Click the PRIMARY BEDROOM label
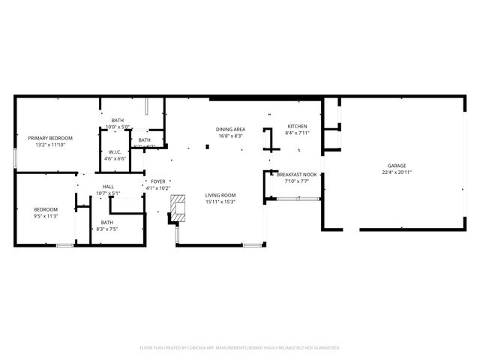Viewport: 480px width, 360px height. (x=50, y=138)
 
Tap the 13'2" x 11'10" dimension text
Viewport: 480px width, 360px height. (x=50, y=145)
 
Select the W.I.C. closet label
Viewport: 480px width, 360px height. (x=115, y=151)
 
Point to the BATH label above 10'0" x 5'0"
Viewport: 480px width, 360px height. (x=118, y=121)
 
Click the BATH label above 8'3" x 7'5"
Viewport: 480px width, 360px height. (x=107, y=222)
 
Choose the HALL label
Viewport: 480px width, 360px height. (x=108, y=187)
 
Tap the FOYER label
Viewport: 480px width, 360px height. (x=157, y=181)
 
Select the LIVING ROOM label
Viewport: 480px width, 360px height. (x=220, y=195)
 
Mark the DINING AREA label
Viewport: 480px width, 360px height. (x=231, y=129)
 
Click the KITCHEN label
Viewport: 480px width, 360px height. (x=297, y=126)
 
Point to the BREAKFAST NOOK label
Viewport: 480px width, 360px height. (x=297, y=174)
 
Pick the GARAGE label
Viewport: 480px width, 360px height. (x=397, y=165)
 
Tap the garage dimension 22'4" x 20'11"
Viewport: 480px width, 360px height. (x=397, y=172)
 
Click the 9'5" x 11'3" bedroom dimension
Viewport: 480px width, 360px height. (x=46, y=216)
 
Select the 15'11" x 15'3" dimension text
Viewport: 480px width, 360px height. (x=220, y=202)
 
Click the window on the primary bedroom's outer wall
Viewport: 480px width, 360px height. (x=15, y=158)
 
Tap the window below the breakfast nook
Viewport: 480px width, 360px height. (x=297, y=199)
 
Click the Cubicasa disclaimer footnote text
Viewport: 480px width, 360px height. (x=240, y=347)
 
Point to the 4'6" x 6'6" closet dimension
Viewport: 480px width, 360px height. (x=115, y=158)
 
